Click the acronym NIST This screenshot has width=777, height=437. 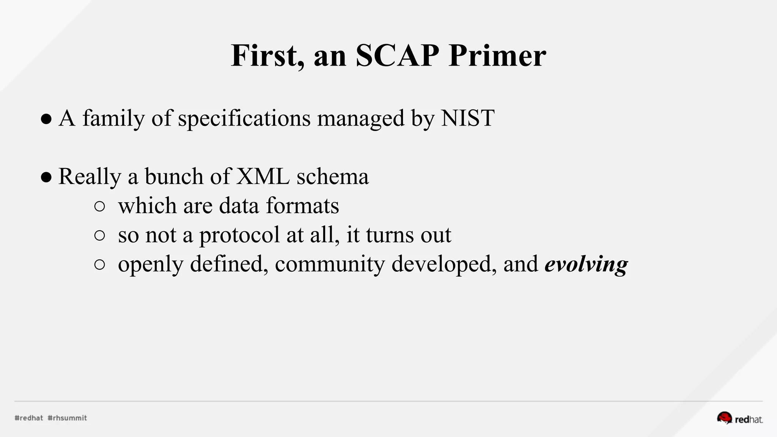pos(467,118)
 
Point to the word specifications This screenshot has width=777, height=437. pos(244,119)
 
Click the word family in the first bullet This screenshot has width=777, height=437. pos(113,119)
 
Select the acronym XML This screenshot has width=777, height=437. pos(263,176)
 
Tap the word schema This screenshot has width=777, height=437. pos(332,176)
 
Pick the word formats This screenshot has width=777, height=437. pos(302,206)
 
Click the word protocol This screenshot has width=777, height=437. pos(239,235)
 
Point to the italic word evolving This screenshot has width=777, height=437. pos(586,264)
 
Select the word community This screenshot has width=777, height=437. pos(330,264)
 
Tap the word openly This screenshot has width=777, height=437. pos(151,264)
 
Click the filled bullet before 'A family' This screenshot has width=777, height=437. pos(46,119)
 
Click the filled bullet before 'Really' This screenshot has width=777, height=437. pos(46,177)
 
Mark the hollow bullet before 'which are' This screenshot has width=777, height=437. pos(99,207)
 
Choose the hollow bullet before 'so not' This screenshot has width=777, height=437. pos(99,236)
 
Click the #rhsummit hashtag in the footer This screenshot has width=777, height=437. pos(68,418)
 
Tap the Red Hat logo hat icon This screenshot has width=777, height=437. pos(724,418)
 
